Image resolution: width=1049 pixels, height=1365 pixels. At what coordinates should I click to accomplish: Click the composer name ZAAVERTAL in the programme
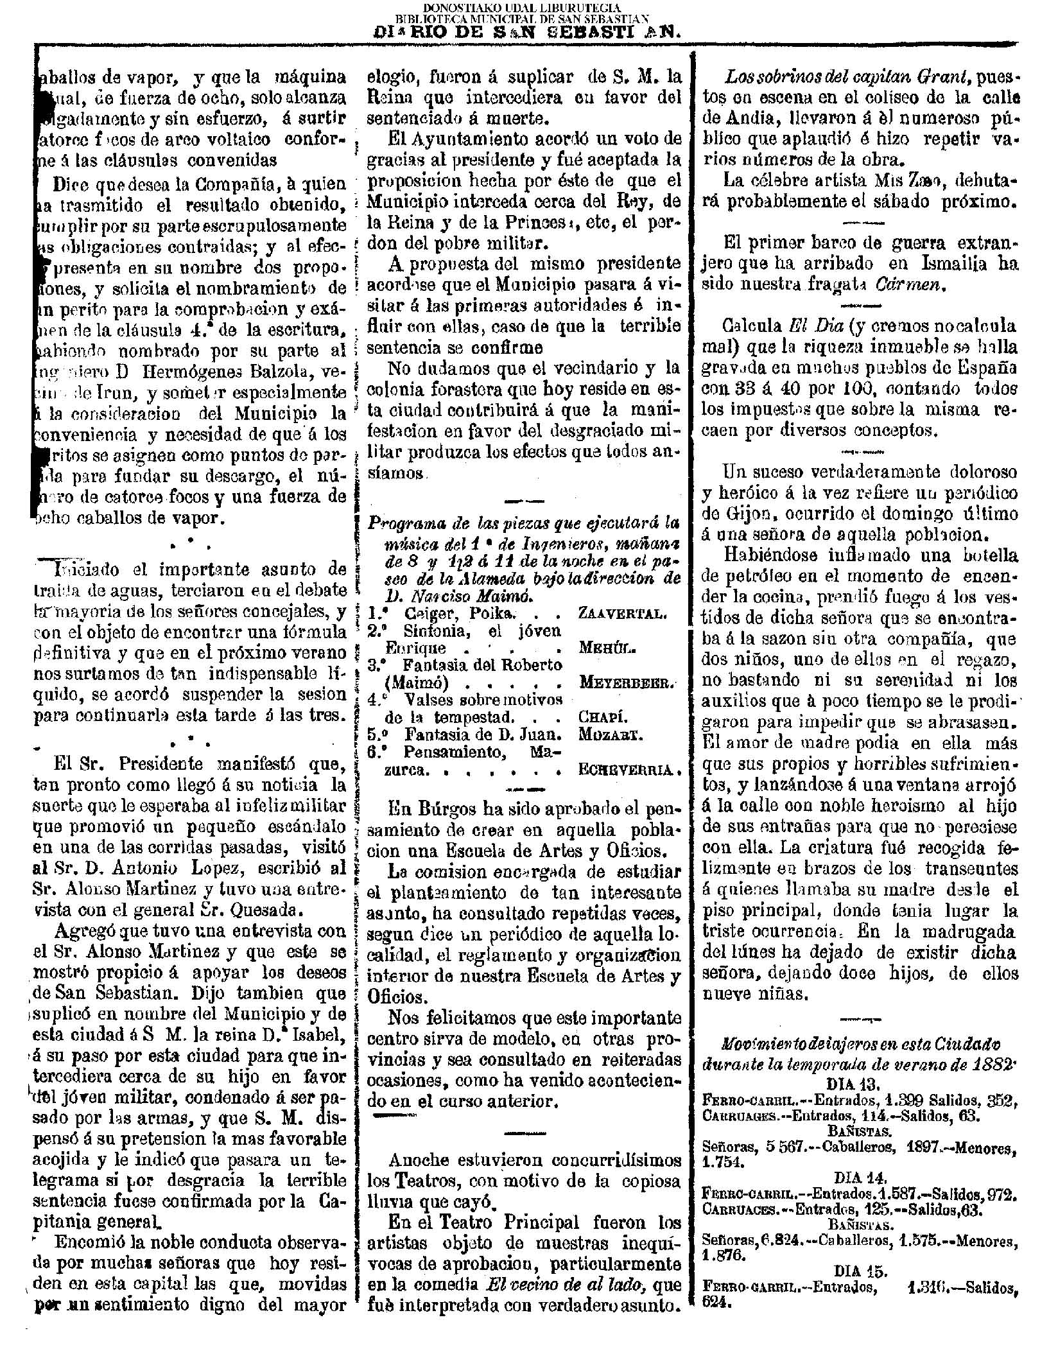pos(622,613)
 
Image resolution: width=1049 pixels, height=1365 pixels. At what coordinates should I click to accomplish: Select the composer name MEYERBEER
pos(627,682)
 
